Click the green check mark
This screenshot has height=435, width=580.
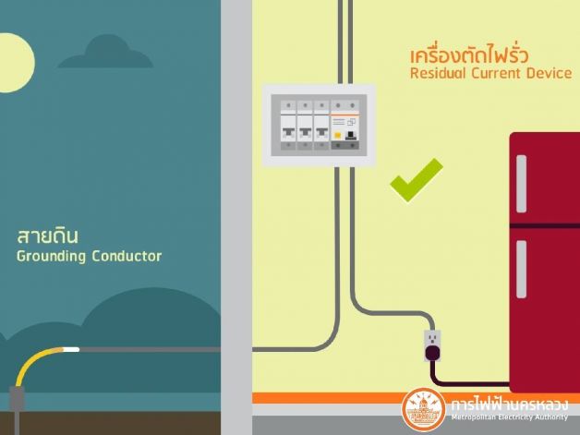415,179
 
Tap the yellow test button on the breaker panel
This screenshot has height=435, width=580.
339,136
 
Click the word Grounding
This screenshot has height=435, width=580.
52,256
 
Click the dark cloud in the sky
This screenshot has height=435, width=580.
115,54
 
